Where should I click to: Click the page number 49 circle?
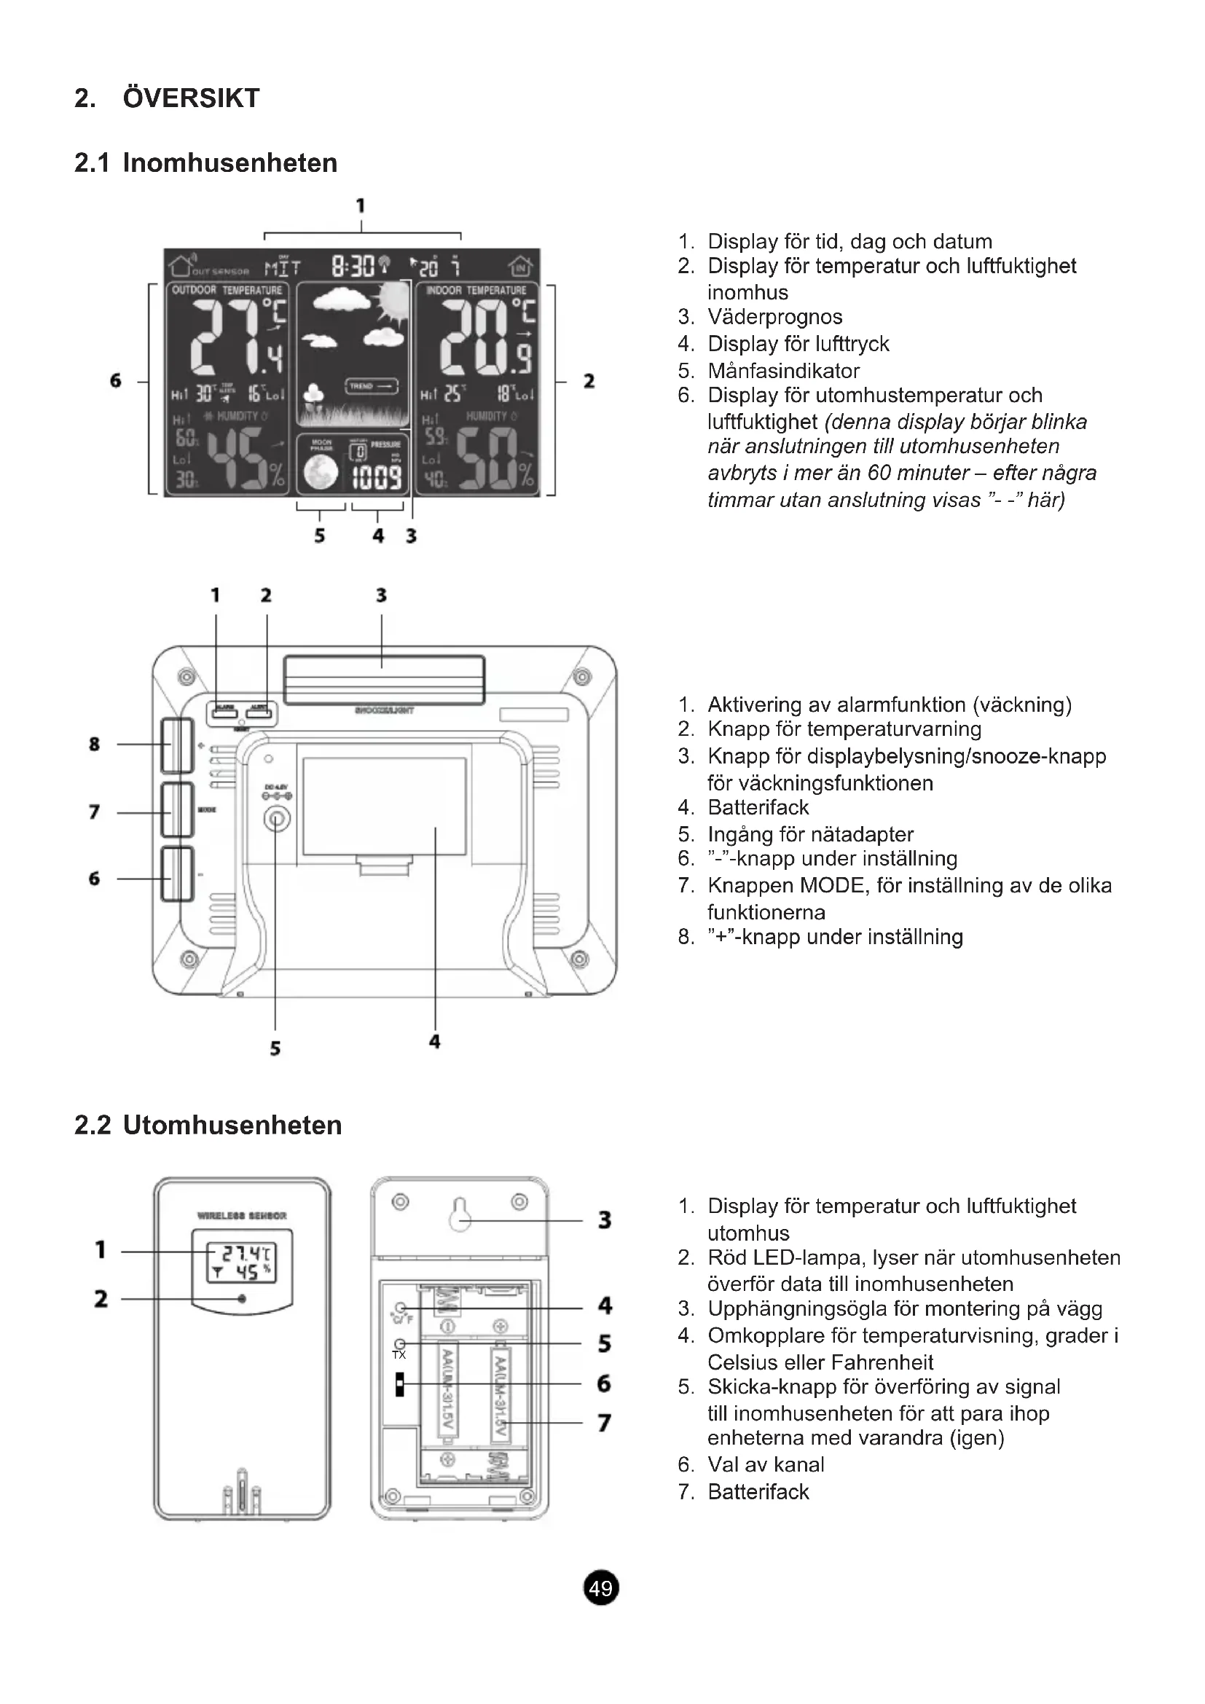point(601,1587)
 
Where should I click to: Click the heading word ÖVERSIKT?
point(192,98)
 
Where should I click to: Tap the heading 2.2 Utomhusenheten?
point(208,1125)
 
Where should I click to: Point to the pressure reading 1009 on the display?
point(377,479)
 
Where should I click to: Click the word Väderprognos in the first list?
point(774,317)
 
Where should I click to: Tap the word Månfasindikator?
point(784,370)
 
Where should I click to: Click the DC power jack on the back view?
point(277,820)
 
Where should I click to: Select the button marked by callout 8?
point(177,745)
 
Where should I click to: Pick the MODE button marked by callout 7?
point(177,810)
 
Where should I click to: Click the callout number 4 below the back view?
point(435,1041)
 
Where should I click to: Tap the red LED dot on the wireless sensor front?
point(242,1299)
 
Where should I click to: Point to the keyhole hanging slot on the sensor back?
point(460,1214)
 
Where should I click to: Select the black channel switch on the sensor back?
point(400,1384)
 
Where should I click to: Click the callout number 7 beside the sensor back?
point(605,1423)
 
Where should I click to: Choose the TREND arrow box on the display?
point(372,387)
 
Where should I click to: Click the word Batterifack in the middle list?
point(758,806)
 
